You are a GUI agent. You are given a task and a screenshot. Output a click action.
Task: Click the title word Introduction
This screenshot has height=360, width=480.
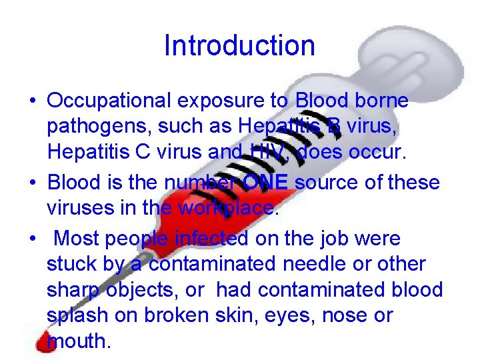pyautogui.click(x=239, y=45)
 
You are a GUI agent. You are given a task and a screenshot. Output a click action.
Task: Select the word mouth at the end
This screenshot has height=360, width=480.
pyautogui.click(x=79, y=341)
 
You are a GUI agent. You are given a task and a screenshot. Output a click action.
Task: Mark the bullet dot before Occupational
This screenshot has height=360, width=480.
pyautogui.click(x=32, y=102)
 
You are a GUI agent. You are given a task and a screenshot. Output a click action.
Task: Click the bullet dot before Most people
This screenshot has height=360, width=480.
pyautogui.click(x=32, y=238)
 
